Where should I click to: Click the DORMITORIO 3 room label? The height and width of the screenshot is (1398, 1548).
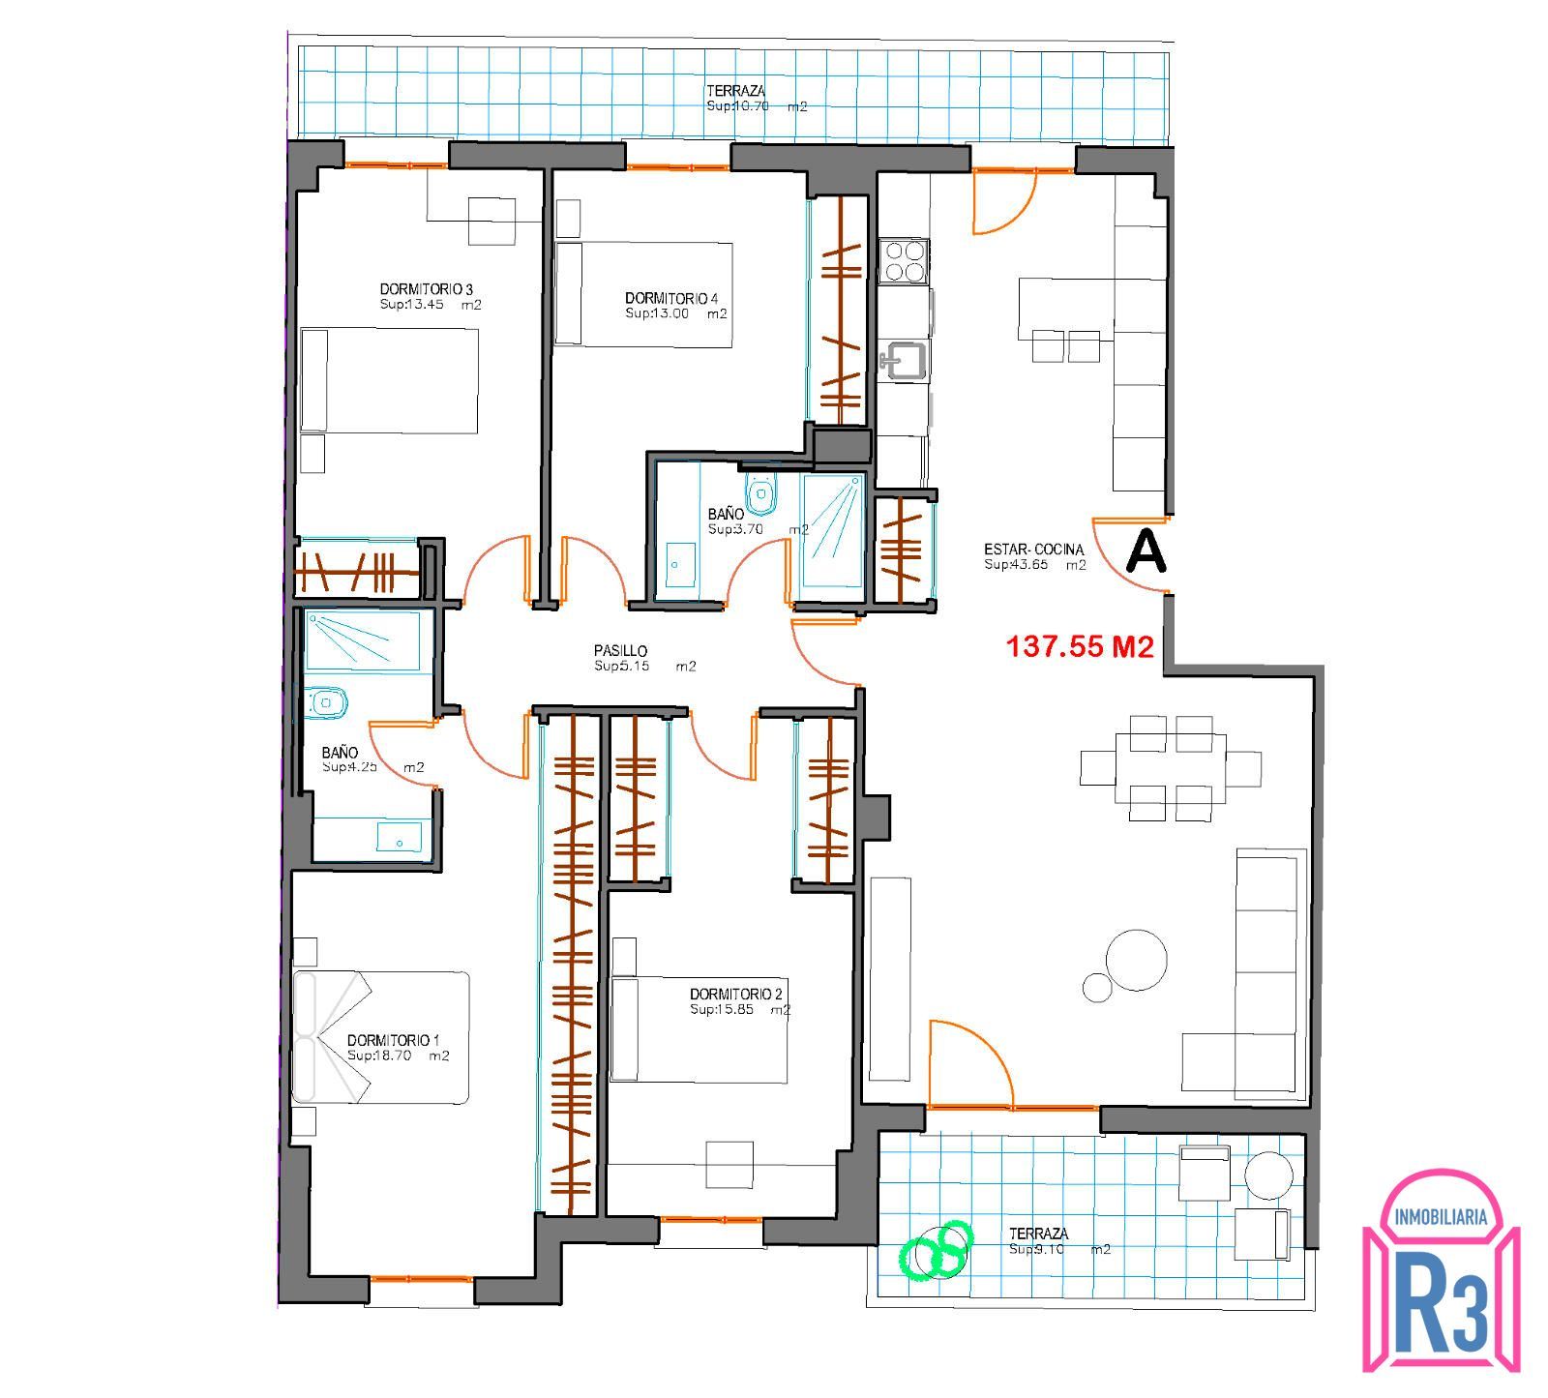coord(426,289)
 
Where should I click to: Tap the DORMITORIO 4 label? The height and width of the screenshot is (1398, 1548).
coord(671,298)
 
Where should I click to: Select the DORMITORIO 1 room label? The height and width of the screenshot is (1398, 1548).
coord(394,1040)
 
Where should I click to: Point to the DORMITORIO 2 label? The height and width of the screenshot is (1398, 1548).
coord(736,994)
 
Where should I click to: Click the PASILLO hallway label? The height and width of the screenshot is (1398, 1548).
coord(620,651)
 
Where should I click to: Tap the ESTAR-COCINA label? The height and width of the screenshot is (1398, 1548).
coord(1034,550)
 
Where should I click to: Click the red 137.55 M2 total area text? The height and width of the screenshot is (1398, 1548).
coord(1081,646)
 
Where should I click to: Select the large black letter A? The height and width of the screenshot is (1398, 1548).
coord(1146,551)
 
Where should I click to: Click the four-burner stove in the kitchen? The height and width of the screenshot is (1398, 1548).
coord(905,260)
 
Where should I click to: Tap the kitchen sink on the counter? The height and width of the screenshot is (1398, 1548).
coord(903,362)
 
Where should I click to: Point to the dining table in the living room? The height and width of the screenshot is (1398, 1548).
coord(1171,768)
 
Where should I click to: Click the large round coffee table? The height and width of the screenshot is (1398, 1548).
coord(1137,960)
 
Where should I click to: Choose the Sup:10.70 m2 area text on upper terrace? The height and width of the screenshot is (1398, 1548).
coord(757,106)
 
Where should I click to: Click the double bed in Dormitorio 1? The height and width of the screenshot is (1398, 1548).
coord(381,1037)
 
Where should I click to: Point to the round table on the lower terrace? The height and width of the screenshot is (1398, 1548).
coord(1268,1175)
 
